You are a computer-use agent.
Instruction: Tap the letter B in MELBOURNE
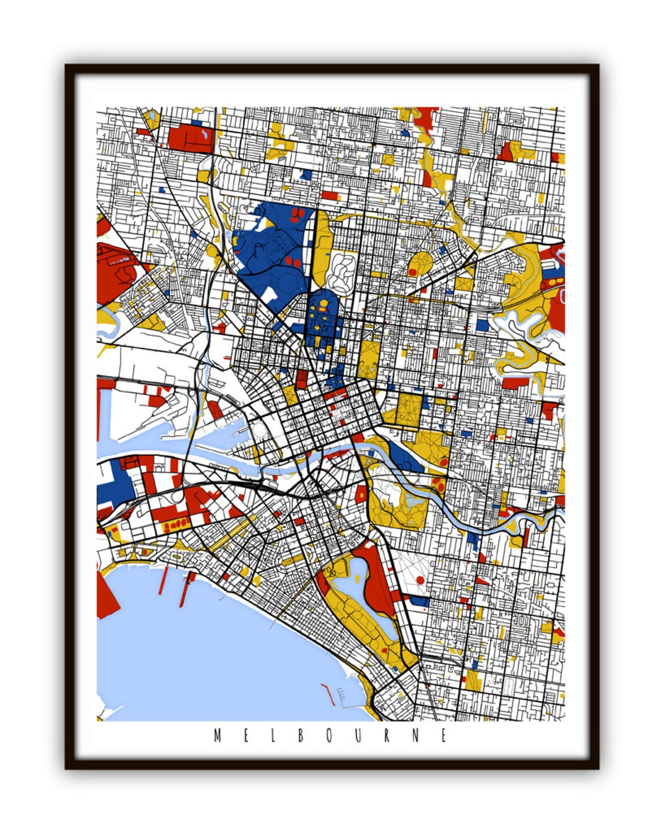click(301, 736)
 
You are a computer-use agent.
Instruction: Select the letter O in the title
click(329, 736)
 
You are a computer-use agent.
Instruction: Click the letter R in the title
click(387, 736)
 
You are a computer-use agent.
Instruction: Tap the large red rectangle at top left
click(190, 138)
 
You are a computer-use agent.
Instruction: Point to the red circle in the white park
click(420, 580)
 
